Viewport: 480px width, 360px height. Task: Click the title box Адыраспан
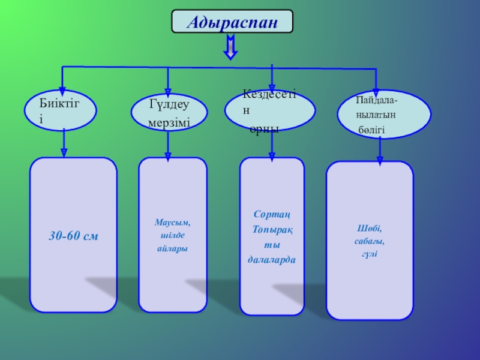point(233,21)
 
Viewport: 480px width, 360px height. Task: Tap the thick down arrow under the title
point(232,47)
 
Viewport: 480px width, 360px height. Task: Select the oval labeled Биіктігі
point(60,111)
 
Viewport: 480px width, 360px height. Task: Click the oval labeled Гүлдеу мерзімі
point(169,113)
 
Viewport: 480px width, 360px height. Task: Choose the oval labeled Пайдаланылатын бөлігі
point(384,114)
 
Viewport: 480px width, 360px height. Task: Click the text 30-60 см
point(73,237)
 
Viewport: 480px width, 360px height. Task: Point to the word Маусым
point(173,223)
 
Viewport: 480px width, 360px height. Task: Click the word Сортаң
point(272,214)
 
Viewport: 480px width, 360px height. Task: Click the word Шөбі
point(370,229)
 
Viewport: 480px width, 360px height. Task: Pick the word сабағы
point(370,241)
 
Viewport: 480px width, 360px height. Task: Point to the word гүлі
point(370,254)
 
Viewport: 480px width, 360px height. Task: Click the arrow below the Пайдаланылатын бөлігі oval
point(379,150)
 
